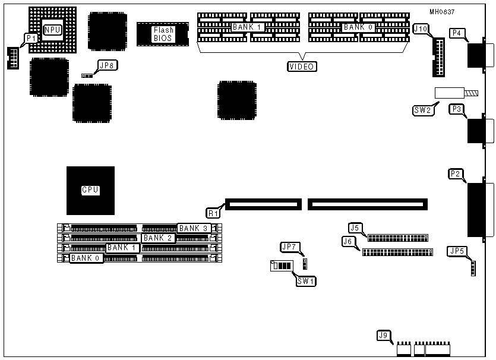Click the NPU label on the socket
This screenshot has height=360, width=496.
click(x=52, y=30)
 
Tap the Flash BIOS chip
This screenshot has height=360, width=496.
click(x=163, y=34)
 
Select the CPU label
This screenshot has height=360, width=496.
click(x=90, y=190)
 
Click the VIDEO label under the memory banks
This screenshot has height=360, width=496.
click(x=302, y=67)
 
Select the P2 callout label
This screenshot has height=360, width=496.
click(x=456, y=174)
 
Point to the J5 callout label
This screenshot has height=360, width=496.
click(x=355, y=228)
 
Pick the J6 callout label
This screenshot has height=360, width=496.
click(x=349, y=241)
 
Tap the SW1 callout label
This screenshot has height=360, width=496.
click(x=306, y=280)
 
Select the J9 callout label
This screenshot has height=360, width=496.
click(x=384, y=336)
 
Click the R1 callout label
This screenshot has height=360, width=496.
click(x=212, y=212)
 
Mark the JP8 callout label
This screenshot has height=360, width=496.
click(x=107, y=65)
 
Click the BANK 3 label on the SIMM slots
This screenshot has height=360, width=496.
click(x=193, y=228)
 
